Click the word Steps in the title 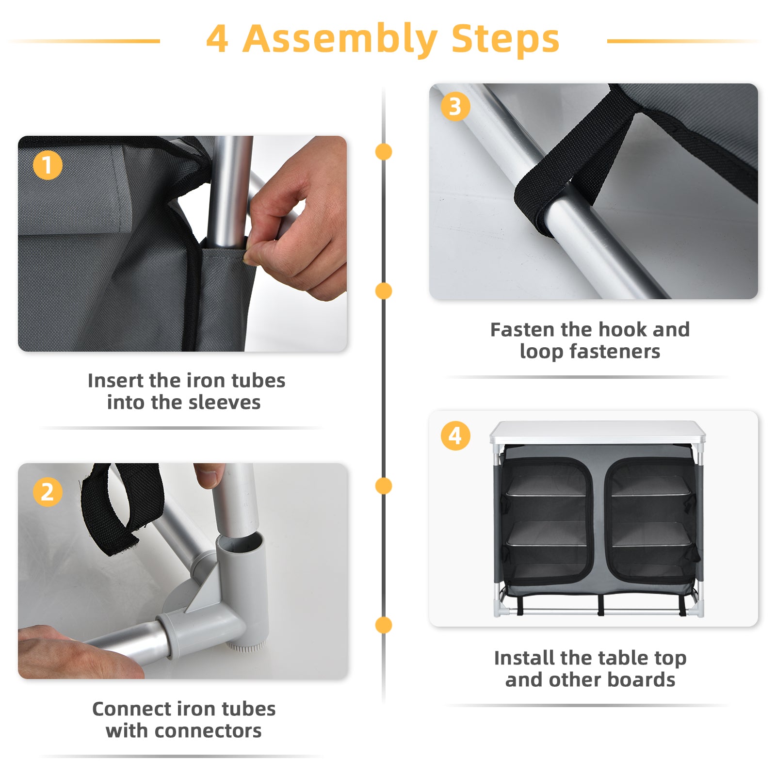(x=505, y=39)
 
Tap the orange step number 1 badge (x=48, y=165)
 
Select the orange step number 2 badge (x=48, y=492)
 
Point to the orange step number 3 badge (x=455, y=107)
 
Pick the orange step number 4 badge (x=455, y=436)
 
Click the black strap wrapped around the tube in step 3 (x=572, y=160)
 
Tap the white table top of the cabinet (x=598, y=432)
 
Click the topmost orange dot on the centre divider (x=384, y=152)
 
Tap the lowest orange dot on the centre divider (x=384, y=625)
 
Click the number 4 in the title (x=217, y=39)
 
